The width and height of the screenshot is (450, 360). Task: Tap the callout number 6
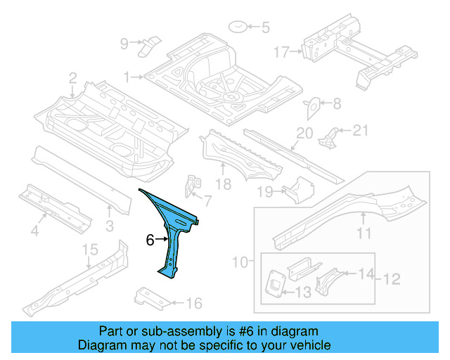(150, 240)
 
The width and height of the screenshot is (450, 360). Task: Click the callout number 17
(281, 51)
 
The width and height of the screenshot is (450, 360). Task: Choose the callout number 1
(127, 76)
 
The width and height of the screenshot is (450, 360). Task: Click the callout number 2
(73, 77)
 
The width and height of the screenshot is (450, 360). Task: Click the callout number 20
(304, 133)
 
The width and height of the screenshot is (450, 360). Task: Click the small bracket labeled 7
(191, 187)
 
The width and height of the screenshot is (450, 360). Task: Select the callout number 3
(109, 225)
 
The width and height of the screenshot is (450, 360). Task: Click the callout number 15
(90, 250)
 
